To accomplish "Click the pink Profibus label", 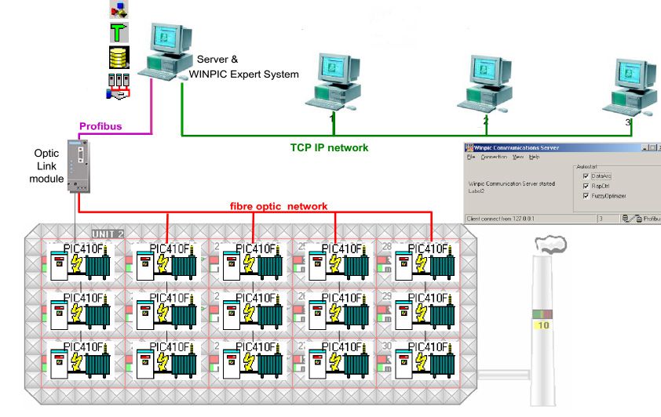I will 100,126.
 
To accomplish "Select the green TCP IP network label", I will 329,147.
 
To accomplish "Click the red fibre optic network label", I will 279,205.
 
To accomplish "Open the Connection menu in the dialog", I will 494,158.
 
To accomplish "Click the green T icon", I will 119,32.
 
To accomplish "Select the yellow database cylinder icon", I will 119,57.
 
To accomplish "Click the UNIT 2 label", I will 108,234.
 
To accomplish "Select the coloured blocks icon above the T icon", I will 119,9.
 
